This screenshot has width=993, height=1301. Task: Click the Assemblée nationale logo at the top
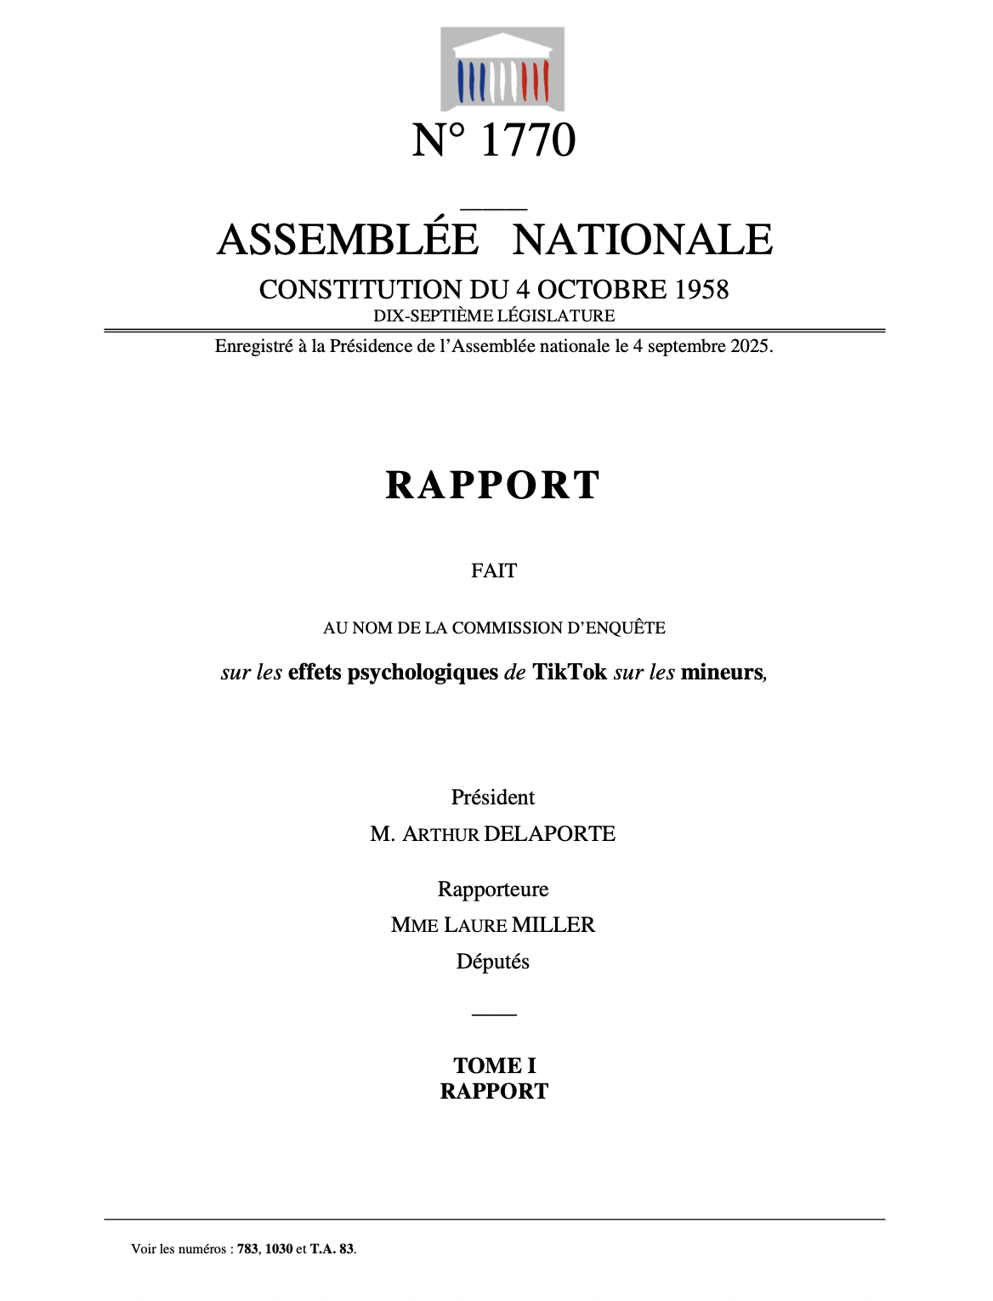pos(502,69)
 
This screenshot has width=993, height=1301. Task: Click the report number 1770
pos(528,140)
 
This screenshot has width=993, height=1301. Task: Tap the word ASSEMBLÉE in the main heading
pos(348,240)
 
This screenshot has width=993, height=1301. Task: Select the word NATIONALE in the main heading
pos(643,240)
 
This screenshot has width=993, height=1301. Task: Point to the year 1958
pos(701,290)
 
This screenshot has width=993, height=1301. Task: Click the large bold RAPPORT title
pos(493,486)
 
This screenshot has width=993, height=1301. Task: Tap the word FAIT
pos(494,571)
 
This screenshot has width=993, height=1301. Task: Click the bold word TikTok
pos(570,673)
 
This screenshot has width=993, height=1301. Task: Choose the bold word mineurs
pos(722,673)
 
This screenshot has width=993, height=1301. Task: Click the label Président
pos(493,798)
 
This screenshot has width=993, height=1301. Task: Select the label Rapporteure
pos(493,889)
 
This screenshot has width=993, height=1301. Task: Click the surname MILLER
pos(553,925)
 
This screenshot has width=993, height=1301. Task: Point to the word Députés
pos(493,962)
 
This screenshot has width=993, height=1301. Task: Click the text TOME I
pos(495,1065)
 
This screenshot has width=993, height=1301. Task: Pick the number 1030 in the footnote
pos(279,1249)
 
